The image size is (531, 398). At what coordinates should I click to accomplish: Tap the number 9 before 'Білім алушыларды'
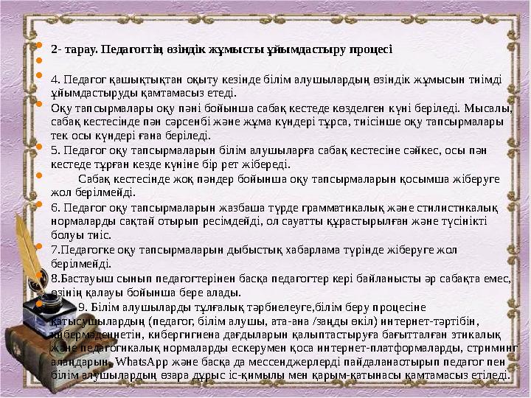pyautogui.click(x=81, y=308)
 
